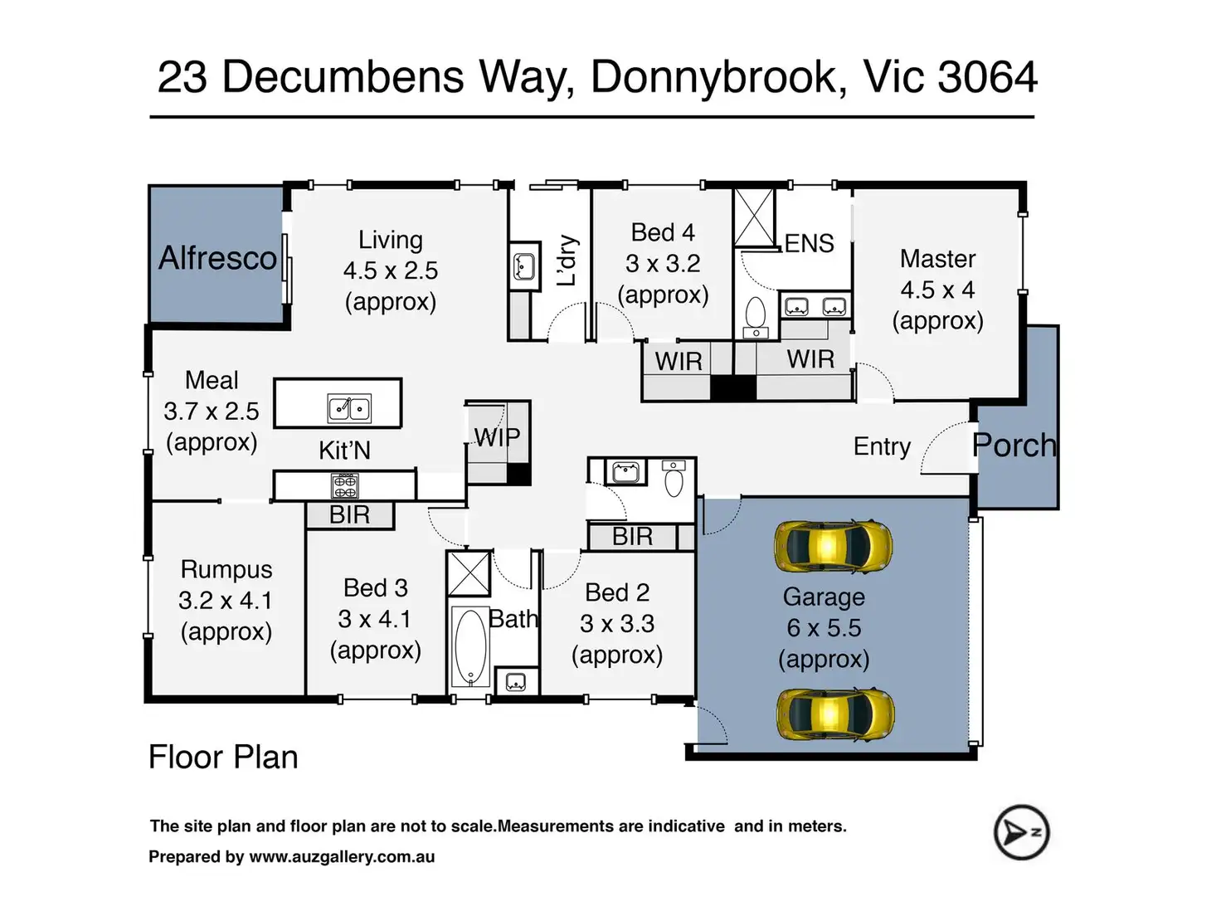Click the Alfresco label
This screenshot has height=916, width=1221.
tap(217, 258)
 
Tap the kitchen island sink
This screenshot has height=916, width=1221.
tap(348, 409)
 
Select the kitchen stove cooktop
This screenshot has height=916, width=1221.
tap(345, 485)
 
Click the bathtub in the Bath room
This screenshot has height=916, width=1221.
tap(470, 647)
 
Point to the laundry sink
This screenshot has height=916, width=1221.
tap(524, 266)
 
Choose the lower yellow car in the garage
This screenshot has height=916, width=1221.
tap(835, 714)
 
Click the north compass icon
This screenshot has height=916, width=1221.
tap(1021, 832)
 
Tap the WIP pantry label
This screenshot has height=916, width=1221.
tap(498, 438)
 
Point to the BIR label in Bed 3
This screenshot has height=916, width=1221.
tap(349, 515)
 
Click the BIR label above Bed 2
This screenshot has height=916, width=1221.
tap(632, 537)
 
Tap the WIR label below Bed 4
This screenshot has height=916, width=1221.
tap(678, 362)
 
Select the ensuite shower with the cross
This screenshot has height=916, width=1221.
tap(754, 217)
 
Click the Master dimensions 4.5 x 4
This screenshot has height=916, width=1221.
tap(937, 290)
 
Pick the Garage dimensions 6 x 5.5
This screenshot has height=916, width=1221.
tap(824, 628)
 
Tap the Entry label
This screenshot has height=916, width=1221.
tap(882, 446)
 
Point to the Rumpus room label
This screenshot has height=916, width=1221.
tap(226, 570)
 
